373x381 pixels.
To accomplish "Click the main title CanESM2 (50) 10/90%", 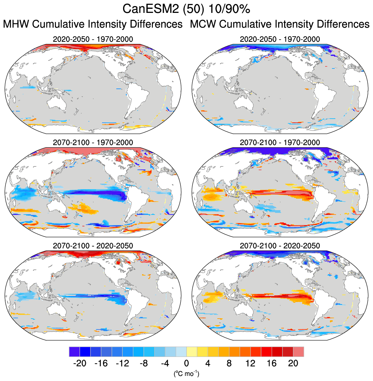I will [x=186, y=9].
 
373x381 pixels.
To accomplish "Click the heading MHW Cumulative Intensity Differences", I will [x=93, y=24].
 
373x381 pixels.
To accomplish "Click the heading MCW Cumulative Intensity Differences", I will [x=280, y=24].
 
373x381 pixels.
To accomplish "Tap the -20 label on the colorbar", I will [x=80, y=363].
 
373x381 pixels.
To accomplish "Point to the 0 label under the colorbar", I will [x=186, y=363].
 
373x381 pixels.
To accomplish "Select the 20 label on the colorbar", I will [x=293, y=363].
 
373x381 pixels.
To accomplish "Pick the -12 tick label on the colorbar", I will [x=122, y=363].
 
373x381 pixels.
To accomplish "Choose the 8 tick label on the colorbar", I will [x=229, y=363].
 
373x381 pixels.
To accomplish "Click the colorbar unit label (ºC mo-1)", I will [x=186, y=374].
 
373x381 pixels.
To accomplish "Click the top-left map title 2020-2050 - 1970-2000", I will [x=93, y=39].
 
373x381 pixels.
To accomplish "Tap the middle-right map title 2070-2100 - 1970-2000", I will [x=280, y=142].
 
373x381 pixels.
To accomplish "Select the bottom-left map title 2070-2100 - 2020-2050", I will [x=93, y=245].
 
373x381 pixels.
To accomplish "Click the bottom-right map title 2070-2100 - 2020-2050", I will [x=280, y=245].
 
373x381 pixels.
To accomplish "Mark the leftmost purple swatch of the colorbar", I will [x=74, y=352].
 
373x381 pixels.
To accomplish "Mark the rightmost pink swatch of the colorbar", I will [x=299, y=352].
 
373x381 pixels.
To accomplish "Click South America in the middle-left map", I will [x=137, y=198].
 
